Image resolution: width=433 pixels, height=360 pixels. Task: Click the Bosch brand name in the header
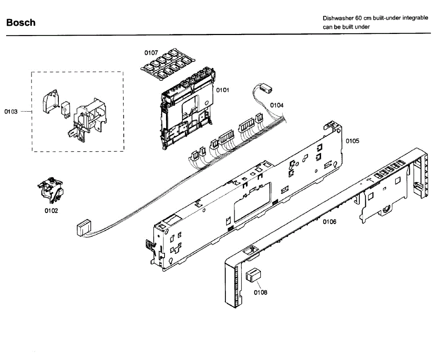21,22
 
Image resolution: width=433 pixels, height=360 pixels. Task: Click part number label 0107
151,53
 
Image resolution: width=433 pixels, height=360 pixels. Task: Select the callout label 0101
223,90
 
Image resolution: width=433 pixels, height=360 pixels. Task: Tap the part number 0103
11,112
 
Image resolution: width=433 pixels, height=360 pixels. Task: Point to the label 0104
277,105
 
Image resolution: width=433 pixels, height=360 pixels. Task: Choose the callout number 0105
353,141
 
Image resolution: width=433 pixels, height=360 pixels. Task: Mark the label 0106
329,222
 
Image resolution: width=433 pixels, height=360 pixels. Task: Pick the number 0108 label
261,292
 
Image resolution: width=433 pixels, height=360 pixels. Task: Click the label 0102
51,211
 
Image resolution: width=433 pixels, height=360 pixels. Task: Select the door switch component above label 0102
51,189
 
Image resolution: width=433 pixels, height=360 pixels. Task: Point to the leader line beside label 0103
26,112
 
